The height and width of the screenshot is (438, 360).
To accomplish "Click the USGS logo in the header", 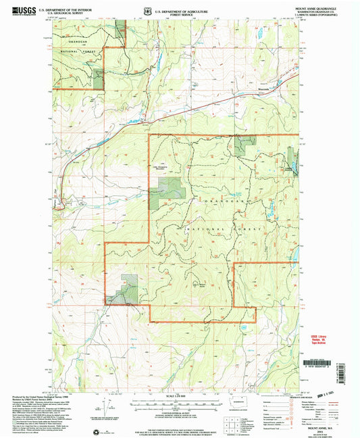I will tap(25, 11).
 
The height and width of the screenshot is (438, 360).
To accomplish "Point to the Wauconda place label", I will tap(267, 88).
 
